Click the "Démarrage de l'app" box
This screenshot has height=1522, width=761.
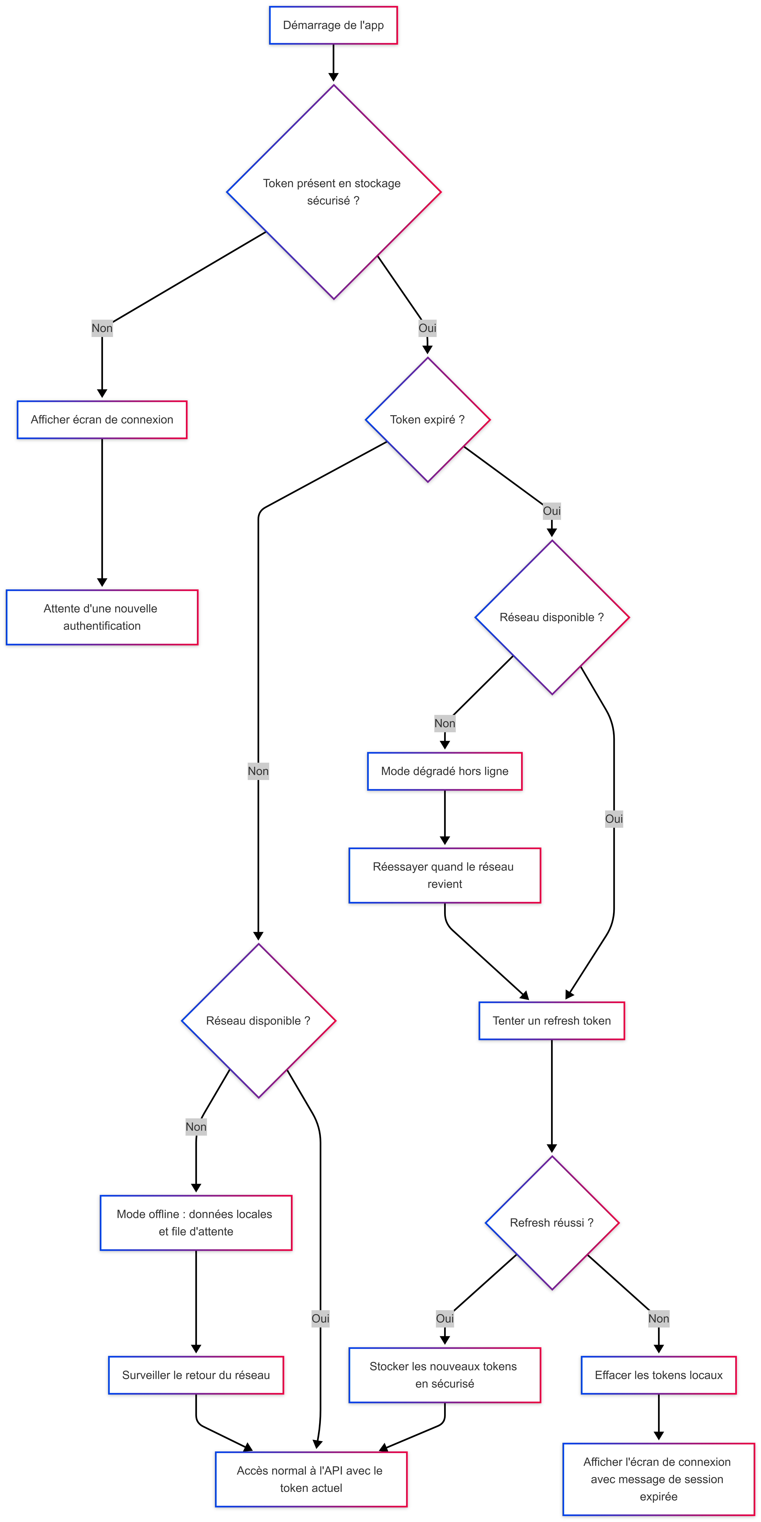pyautogui.click(x=333, y=25)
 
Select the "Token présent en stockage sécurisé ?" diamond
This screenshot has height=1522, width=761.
pyautogui.click(x=333, y=192)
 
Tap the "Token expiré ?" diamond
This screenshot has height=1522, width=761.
pyautogui.click(x=427, y=419)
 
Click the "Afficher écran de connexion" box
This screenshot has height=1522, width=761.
pyautogui.click(x=102, y=419)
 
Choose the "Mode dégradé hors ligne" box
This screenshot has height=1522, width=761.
pyautogui.click(x=444, y=771)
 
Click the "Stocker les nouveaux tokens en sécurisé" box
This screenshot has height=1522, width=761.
pyautogui.click(x=444, y=1375)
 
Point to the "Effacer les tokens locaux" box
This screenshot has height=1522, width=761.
pyautogui.click(x=658, y=1375)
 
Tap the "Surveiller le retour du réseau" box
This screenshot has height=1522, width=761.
pyautogui.click(x=196, y=1375)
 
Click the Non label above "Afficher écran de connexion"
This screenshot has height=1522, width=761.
pyautogui.click(x=102, y=328)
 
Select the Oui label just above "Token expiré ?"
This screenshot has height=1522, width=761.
pyautogui.click(x=427, y=328)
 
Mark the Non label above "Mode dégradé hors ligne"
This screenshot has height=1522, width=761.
pyautogui.click(x=444, y=723)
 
